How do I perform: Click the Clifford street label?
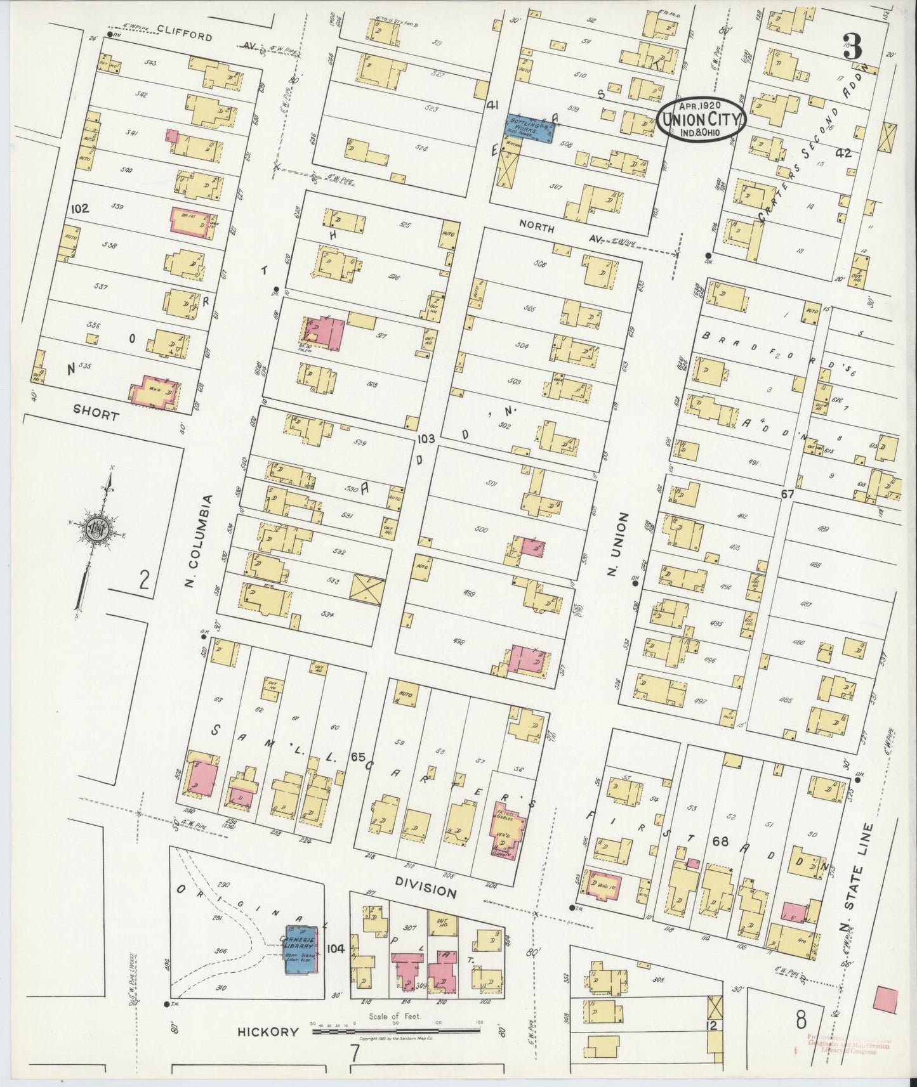pyautogui.click(x=184, y=37)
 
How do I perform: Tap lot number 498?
pyautogui.click(x=459, y=642)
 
